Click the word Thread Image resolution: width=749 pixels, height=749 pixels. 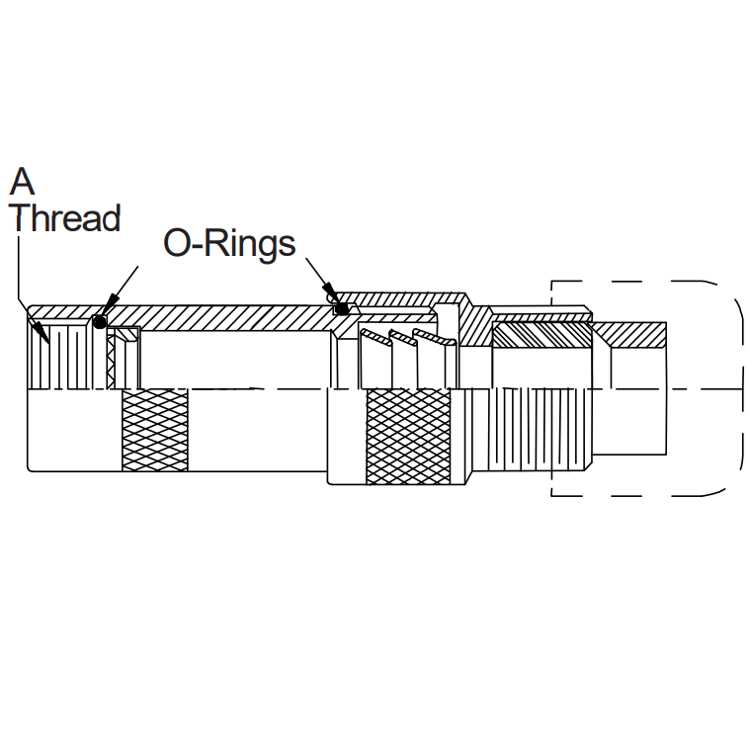(x=65, y=217)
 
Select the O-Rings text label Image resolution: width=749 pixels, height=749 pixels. (x=229, y=243)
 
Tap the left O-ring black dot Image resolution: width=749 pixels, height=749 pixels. (x=99, y=321)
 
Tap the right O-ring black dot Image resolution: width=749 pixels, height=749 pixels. (x=341, y=309)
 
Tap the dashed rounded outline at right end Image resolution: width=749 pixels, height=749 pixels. (x=739, y=385)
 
